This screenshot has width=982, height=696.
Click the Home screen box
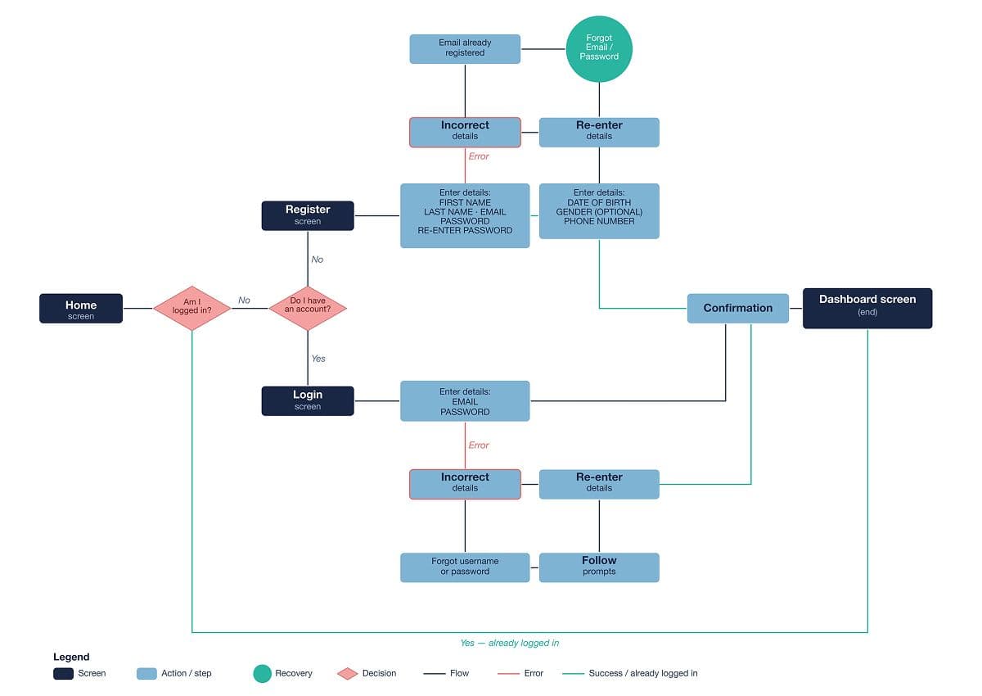coord(81,309)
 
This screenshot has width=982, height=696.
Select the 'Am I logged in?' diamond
coord(192,309)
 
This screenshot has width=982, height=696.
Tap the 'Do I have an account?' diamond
coord(308,309)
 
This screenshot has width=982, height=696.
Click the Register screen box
coord(308,215)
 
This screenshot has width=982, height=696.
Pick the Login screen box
coord(308,400)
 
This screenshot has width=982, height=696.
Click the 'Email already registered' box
coord(465,48)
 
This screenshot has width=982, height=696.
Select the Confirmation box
coord(738,309)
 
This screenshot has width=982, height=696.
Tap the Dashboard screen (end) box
coord(867,309)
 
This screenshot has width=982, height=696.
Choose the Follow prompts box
coord(599,567)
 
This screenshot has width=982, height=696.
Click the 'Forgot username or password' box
coord(465,567)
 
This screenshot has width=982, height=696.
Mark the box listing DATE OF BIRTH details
coord(599,211)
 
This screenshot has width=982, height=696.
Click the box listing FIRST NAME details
coord(465,215)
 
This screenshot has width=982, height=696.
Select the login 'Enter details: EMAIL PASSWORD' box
coord(465,401)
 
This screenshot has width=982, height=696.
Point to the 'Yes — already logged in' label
coord(509,643)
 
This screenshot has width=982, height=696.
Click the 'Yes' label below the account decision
coord(318,359)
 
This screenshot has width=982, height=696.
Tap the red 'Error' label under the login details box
coord(479,445)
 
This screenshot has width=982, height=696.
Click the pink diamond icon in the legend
coord(348,674)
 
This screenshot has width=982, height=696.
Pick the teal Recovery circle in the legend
coord(262,673)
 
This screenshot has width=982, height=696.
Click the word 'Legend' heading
coord(71,657)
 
